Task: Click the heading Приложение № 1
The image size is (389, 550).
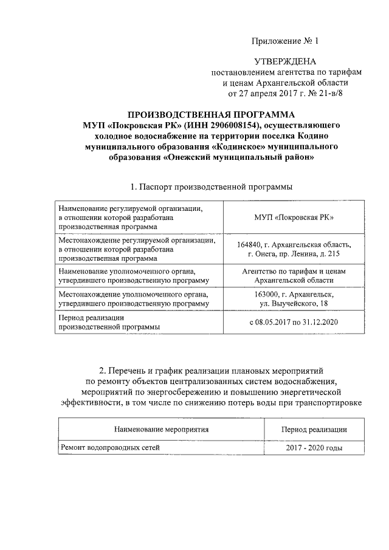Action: [285, 41]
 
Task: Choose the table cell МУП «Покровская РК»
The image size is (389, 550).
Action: [294, 218]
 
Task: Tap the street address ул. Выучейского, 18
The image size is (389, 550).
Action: [294, 303]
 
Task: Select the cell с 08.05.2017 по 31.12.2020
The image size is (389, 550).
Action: [294, 321]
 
